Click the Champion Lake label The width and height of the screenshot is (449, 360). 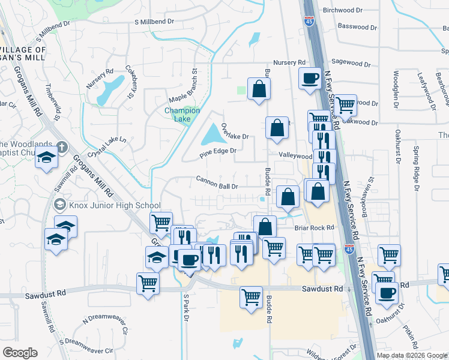coord(182,115)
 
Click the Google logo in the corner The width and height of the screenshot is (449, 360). coord(20,353)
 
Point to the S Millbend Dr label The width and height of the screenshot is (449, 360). coord(154,21)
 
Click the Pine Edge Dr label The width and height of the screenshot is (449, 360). coord(218,151)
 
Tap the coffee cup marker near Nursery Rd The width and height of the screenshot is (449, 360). coord(310,77)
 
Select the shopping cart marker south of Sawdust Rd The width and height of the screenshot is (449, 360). coord(251,296)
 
